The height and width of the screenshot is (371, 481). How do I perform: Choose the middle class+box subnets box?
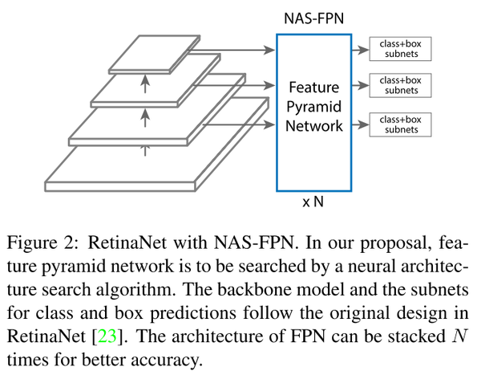pos(400,86)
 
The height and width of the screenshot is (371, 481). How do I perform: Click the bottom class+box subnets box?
pos(400,124)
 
